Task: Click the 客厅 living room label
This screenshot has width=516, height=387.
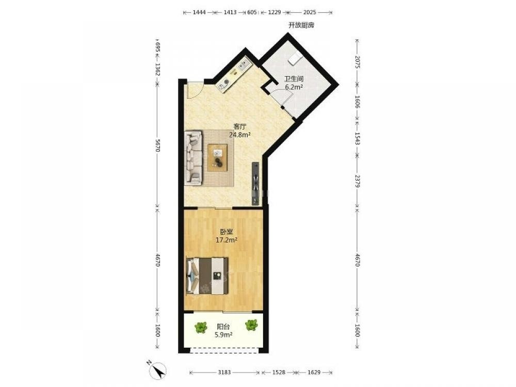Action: click(x=240, y=126)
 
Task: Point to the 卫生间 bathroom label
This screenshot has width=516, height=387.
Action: click(x=294, y=79)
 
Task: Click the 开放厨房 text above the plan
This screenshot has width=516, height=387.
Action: click(x=301, y=25)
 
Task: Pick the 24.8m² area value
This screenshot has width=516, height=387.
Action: click(x=240, y=135)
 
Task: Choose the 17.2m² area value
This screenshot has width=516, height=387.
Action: click(x=227, y=240)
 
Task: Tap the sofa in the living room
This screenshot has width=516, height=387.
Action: click(x=193, y=157)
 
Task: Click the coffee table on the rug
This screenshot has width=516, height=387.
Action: click(x=218, y=157)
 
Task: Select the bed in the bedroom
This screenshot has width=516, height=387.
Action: click(x=207, y=276)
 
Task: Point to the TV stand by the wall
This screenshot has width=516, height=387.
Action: click(x=256, y=184)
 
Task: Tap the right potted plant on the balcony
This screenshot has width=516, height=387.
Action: click(x=251, y=326)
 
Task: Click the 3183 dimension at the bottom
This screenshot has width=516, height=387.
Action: click(x=224, y=372)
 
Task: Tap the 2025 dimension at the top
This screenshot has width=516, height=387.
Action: click(x=310, y=12)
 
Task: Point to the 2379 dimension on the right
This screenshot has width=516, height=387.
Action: click(x=358, y=180)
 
